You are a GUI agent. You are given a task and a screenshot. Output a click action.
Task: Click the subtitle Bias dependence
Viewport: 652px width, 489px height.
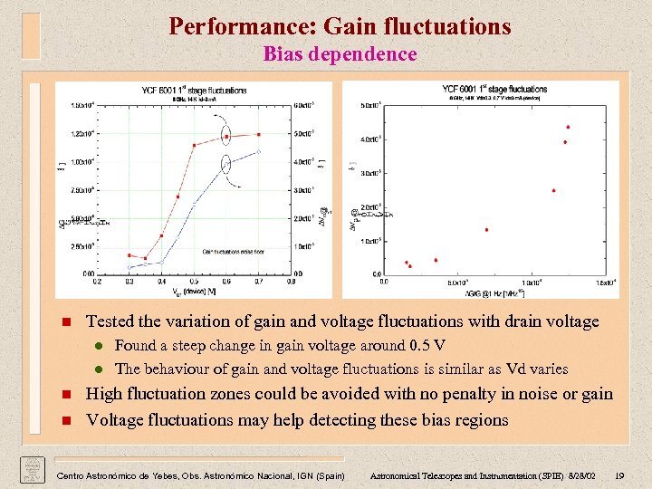pos(340,53)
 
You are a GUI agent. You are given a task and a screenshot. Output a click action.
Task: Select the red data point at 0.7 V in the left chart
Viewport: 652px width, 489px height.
pos(259,135)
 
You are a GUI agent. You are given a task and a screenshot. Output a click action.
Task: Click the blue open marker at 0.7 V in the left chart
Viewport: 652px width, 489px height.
pos(259,151)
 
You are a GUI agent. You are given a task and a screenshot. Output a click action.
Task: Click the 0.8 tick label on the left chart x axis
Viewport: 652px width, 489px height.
pos(291,282)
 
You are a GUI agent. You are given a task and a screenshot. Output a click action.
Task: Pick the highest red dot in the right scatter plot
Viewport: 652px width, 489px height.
pos(568,127)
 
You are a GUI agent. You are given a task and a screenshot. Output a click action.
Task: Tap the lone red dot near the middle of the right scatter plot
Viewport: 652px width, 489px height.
pos(486,229)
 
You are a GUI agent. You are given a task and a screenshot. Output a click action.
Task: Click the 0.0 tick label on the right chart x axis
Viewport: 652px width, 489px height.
pos(385,283)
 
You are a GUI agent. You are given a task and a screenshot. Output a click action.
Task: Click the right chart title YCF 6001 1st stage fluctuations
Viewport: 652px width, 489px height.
pos(494,89)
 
